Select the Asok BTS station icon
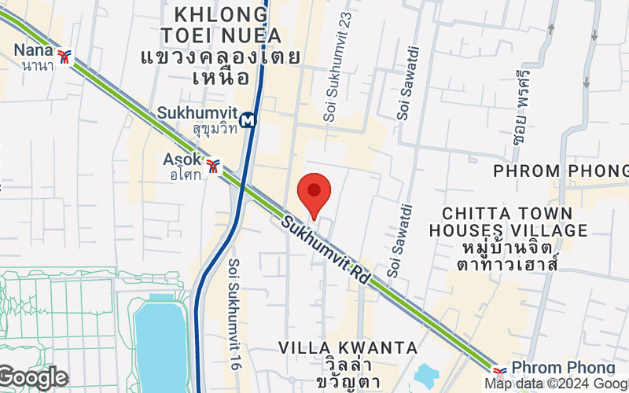point(212,166)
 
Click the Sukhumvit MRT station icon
point(248,120)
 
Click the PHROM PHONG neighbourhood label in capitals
point(561,171)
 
